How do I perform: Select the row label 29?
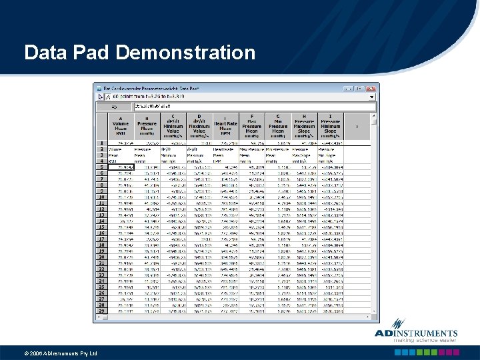pyautogui.click(x=102, y=311)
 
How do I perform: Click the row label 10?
pyautogui.click(x=102, y=197)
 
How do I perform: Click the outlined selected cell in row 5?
pyautogui.click(x=121, y=167)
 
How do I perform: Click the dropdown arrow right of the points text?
pyautogui.click(x=373, y=97)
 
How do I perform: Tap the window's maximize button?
pyautogui.click(x=362, y=88)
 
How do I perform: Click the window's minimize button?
pyautogui.click(x=353, y=88)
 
